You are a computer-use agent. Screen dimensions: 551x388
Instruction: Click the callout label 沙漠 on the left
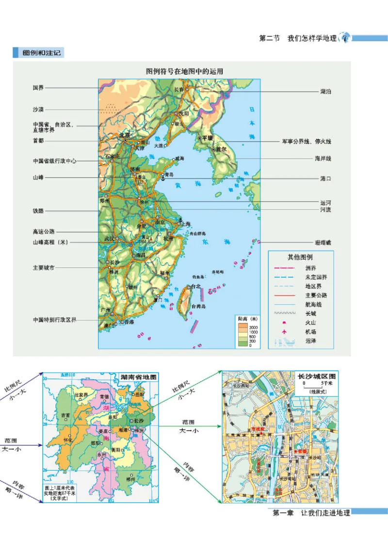point(38,110)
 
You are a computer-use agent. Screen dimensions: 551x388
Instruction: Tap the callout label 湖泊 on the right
point(326,91)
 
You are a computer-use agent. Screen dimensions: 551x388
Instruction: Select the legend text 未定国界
point(316,277)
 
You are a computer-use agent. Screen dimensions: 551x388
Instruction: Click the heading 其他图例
point(301,257)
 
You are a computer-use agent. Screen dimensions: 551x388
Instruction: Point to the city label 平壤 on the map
point(208,138)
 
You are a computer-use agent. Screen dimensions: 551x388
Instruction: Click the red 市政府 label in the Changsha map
point(257,429)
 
